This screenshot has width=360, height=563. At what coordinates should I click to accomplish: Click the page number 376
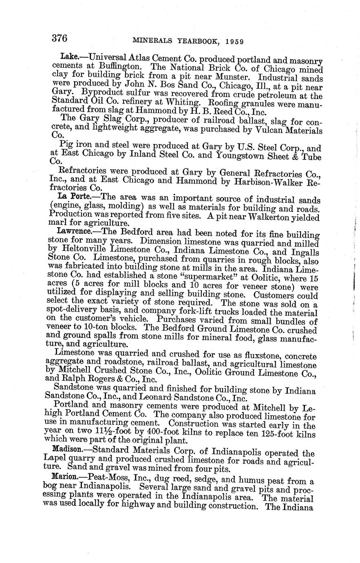(60, 38)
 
